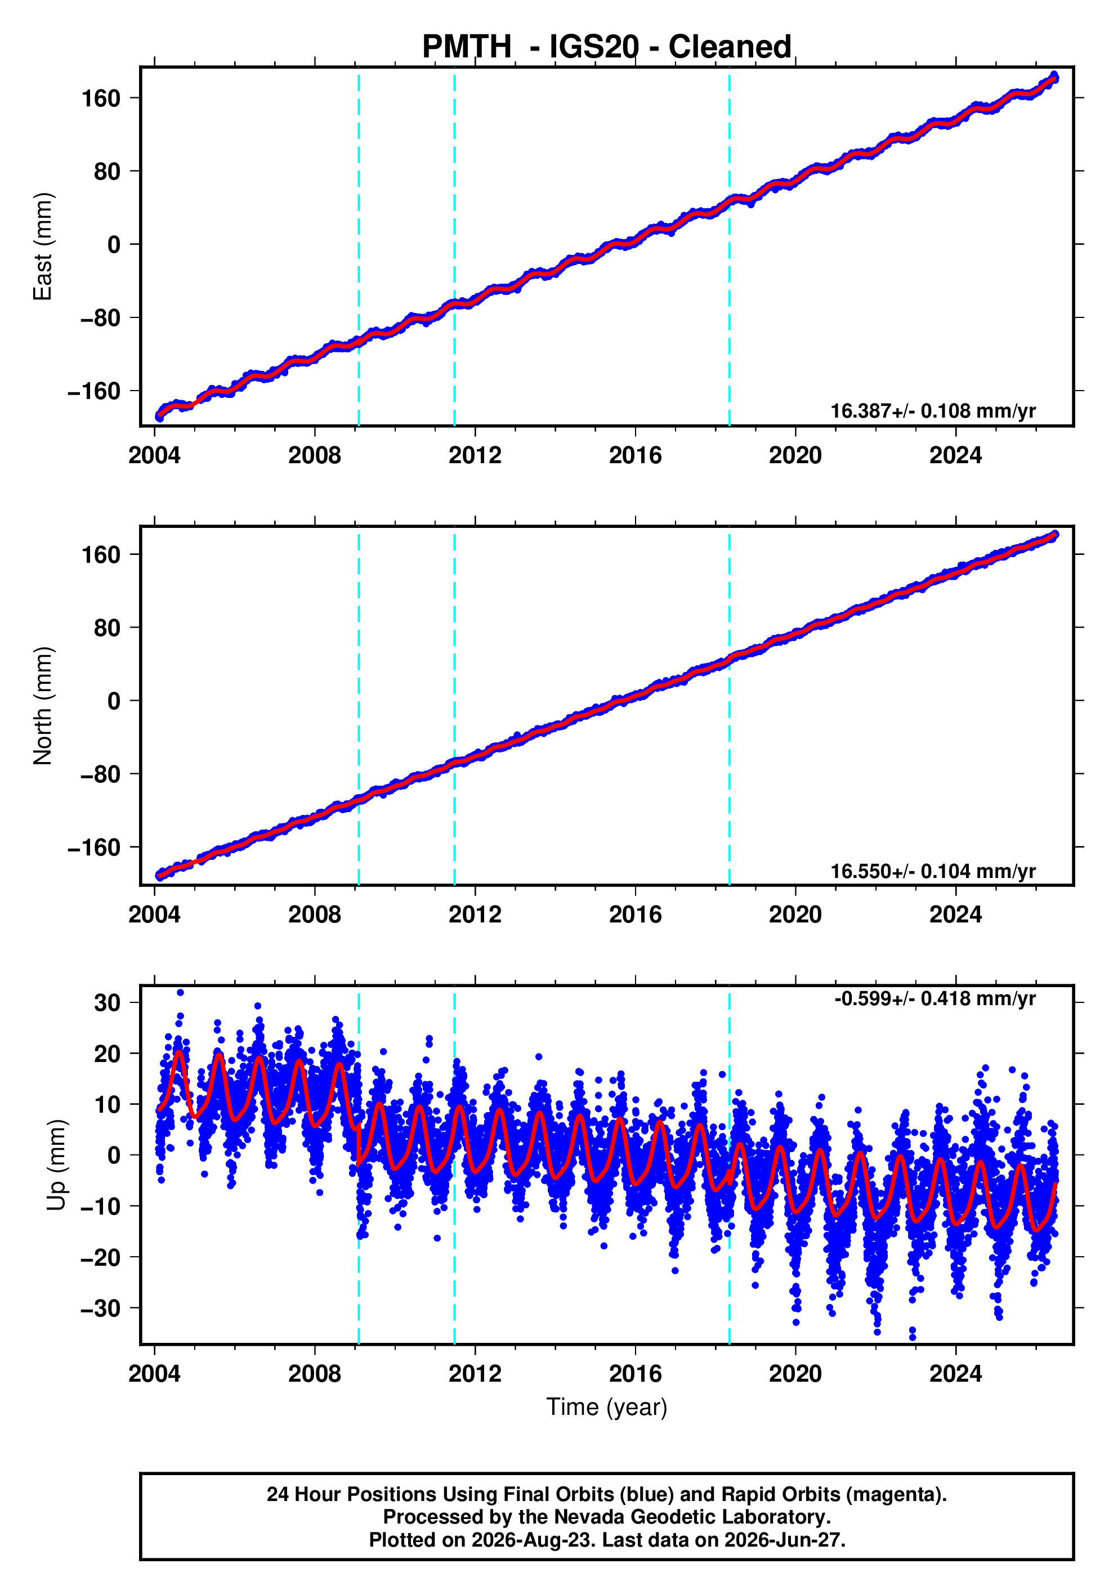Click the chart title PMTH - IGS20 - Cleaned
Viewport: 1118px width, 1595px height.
coord(607,47)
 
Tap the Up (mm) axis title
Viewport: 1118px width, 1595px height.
coord(57,1165)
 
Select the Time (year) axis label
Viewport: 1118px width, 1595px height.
coord(607,1406)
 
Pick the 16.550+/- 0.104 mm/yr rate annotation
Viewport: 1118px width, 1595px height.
coord(932,871)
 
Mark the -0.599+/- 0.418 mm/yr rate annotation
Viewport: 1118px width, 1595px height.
coord(934,999)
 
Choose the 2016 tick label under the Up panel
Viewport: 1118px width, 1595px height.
coord(635,1374)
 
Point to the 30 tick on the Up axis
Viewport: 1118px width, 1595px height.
coord(108,1003)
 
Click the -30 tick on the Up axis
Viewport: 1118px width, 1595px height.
coord(101,1309)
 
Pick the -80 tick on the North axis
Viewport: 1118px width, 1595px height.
coord(101,774)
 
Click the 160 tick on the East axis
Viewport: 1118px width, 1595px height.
coord(101,98)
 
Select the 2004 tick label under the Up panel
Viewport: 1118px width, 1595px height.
coord(154,1374)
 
